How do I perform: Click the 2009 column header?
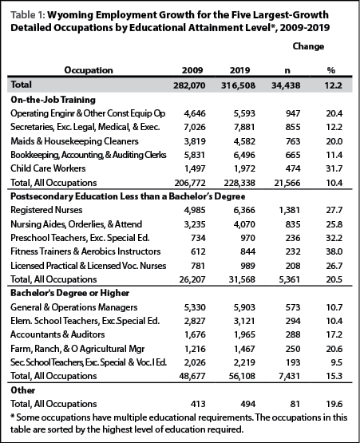[192, 70]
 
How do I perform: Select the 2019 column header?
[239, 70]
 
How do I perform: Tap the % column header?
[331, 70]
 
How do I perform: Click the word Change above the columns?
[308, 46]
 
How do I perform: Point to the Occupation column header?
[89, 70]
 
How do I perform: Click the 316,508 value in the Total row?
[238, 85]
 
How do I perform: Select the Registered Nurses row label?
[46, 210]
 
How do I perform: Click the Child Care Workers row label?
[48, 168]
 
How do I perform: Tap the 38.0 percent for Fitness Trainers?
[334, 251]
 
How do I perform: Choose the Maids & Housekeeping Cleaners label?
[74, 141]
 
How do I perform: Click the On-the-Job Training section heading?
[53, 100]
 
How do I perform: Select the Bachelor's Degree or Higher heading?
[69, 293]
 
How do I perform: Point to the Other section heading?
[23, 390]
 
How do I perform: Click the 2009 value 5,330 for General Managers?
[195, 307]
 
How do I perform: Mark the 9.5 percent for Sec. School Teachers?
[337, 362]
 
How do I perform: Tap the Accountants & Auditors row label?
[57, 334]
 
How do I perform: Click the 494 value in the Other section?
[247, 404]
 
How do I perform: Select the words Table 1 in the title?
[28, 14]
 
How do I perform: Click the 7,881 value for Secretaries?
[244, 127]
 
